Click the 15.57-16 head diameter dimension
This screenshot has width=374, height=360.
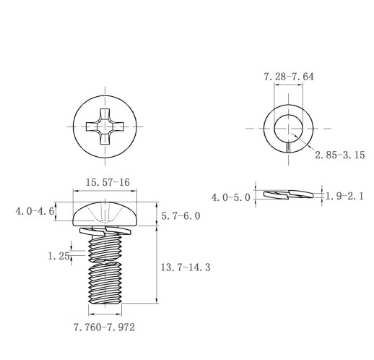click(108, 182)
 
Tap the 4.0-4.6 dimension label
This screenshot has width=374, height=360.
click(35, 212)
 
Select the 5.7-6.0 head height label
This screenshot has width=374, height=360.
click(181, 216)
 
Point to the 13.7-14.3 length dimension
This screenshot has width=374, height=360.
click(186, 267)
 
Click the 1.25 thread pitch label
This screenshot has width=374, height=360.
click(58, 256)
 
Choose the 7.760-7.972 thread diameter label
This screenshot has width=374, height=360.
click(104, 327)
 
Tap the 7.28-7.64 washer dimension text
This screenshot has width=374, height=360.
click(289, 77)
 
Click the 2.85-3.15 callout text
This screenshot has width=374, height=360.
click(340, 155)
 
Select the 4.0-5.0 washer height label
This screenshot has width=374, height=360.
click(231, 198)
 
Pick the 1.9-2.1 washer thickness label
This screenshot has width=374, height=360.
click(344, 197)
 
